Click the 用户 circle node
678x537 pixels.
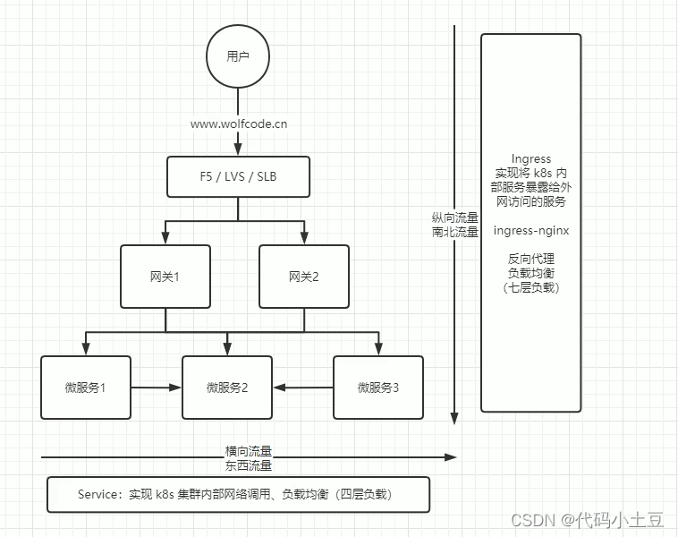[237, 55]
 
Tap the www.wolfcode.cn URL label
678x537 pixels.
[238, 124]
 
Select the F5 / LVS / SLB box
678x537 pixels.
[238, 176]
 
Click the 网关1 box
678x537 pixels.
[165, 277]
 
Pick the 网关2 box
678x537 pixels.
[303, 277]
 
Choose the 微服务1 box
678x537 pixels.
[86, 388]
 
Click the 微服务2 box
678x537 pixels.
[226, 388]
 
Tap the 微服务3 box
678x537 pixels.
[377, 388]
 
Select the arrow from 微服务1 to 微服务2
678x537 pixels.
[157, 388]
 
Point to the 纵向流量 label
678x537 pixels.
[454, 217]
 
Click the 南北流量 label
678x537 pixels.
[454, 232]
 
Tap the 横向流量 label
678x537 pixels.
[248, 451]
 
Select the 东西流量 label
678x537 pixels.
[248, 465]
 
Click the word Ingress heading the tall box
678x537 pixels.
[530, 159]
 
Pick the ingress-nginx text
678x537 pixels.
[530, 230]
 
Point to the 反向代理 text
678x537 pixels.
[530, 259]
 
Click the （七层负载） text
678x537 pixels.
[530, 287]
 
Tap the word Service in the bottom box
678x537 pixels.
[98, 494]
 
